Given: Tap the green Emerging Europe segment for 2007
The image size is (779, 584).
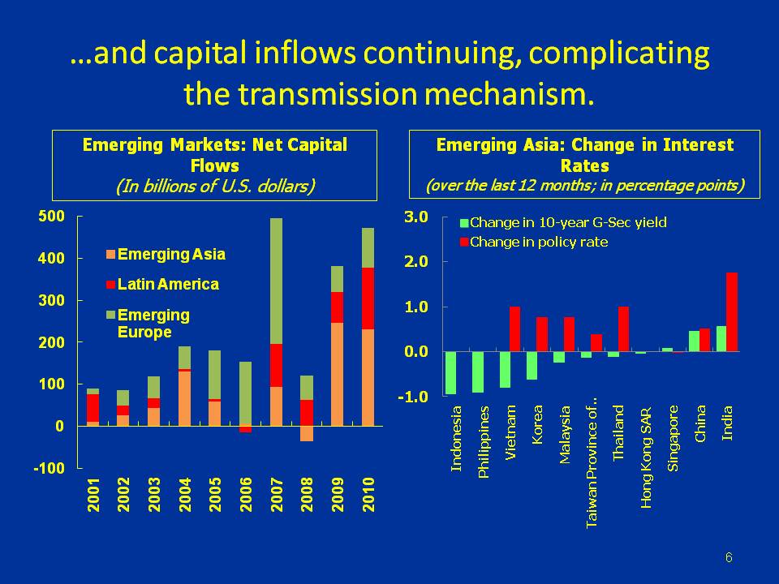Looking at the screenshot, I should [277, 281].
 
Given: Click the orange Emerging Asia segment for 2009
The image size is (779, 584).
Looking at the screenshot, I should [338, 374].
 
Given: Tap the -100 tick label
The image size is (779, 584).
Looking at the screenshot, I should [49, 468].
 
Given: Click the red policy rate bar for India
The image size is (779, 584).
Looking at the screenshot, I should [732, 311].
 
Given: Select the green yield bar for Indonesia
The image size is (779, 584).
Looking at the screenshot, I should [450, 373].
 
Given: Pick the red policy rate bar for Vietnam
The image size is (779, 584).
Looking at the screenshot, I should [514, 329].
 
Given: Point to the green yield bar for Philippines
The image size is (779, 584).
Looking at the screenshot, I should [478, 372].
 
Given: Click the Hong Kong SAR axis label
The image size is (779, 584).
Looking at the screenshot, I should [646, 457].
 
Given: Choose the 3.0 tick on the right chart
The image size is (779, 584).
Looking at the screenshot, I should [416, 217].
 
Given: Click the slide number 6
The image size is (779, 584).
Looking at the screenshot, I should [729, 557].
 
